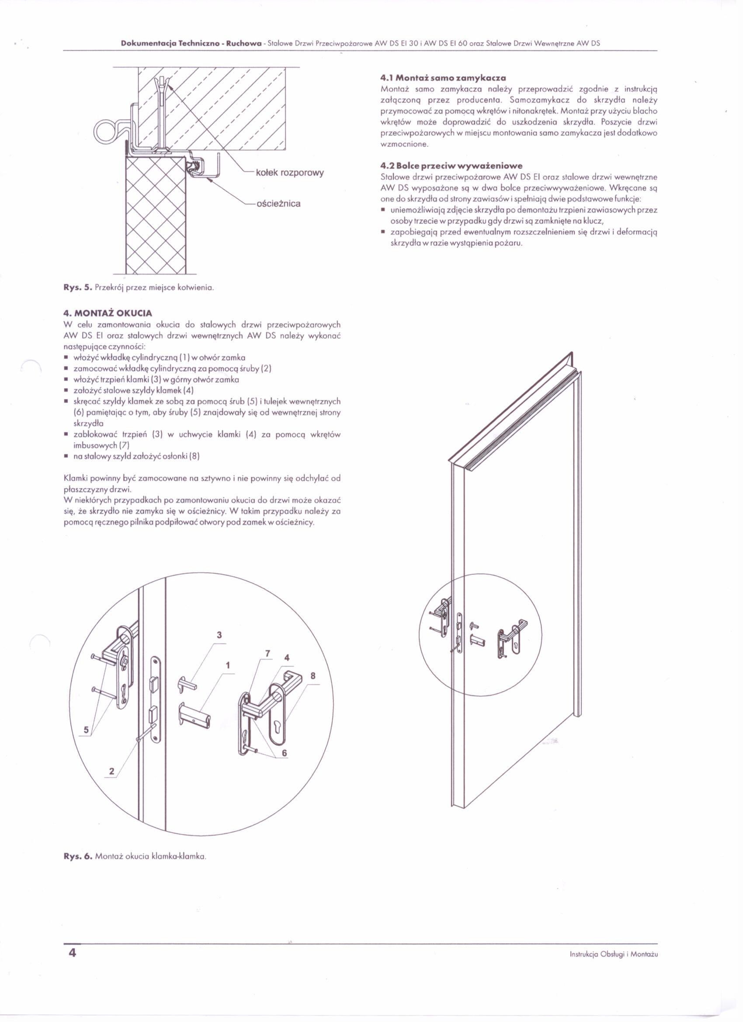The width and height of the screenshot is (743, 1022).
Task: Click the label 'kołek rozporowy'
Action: coord(289,173)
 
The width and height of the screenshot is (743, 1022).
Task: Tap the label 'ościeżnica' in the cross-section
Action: coord(278,204)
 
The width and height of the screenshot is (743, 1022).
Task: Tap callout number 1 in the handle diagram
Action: coord(228,666)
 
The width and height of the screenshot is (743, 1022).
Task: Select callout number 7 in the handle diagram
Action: coord(267,654)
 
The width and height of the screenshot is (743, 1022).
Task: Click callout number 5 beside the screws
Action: coord(85,730)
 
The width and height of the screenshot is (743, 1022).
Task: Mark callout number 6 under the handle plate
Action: coord(285,753)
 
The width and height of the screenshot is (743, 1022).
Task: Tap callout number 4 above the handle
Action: coord(287,658)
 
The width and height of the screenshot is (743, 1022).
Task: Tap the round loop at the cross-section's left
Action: coord(105,131)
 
